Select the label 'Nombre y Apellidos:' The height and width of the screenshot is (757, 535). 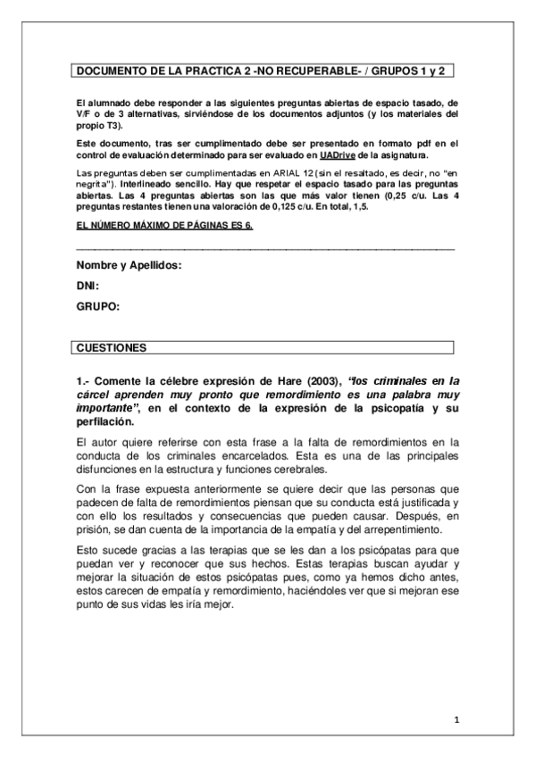pyautogui.click(x=129, y=266)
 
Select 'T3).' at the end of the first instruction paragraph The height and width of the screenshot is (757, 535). pyautogui.click(x=113, y=125)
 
